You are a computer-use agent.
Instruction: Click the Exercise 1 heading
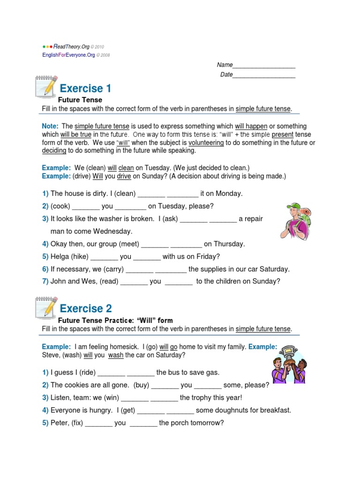(85, 88)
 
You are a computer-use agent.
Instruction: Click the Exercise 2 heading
(86, 308)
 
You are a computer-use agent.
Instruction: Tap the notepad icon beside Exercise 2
(46, 307)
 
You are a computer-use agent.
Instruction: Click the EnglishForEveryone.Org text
(68, 55)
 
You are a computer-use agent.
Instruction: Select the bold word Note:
(50, 126)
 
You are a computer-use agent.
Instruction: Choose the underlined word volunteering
(206, 142)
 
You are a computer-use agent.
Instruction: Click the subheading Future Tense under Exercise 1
(80, 100)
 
